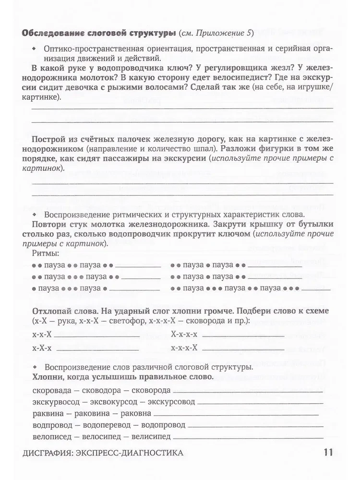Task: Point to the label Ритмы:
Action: (46, 253)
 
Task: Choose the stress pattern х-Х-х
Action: (42, 347)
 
